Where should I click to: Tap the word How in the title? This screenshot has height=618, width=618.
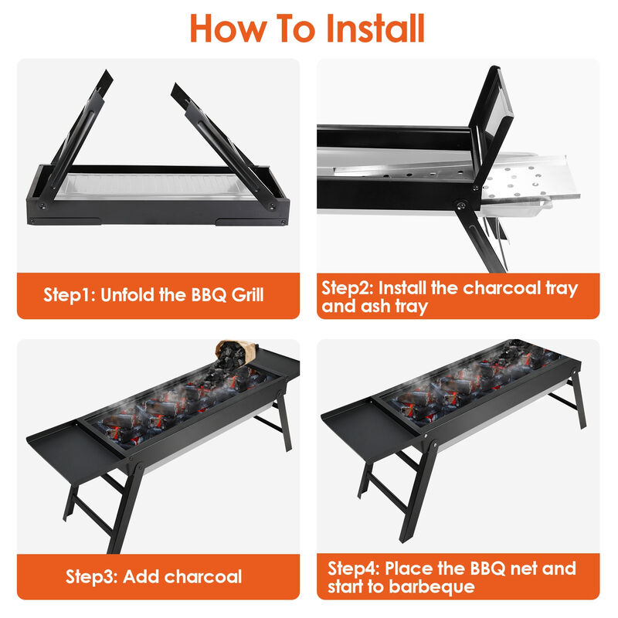click(223, 28)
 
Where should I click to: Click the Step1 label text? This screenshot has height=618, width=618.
click(70, 294)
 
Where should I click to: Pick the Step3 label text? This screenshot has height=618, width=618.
click(92, 576)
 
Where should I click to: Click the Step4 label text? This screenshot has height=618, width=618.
click(354, 569)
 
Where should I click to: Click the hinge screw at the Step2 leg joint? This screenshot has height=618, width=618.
click(460, 206)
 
